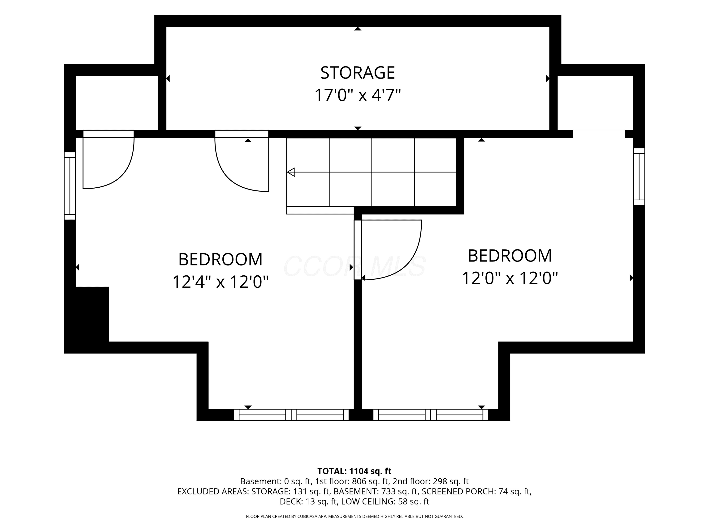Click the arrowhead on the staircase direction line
coord(291,172)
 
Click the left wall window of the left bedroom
coord(70,186)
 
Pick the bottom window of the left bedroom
coord(291,415)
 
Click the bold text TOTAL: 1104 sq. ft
coord(354,471)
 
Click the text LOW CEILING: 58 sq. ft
coord(385,501)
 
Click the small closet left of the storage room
coord(117,103)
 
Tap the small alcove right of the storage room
coord(595,103)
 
